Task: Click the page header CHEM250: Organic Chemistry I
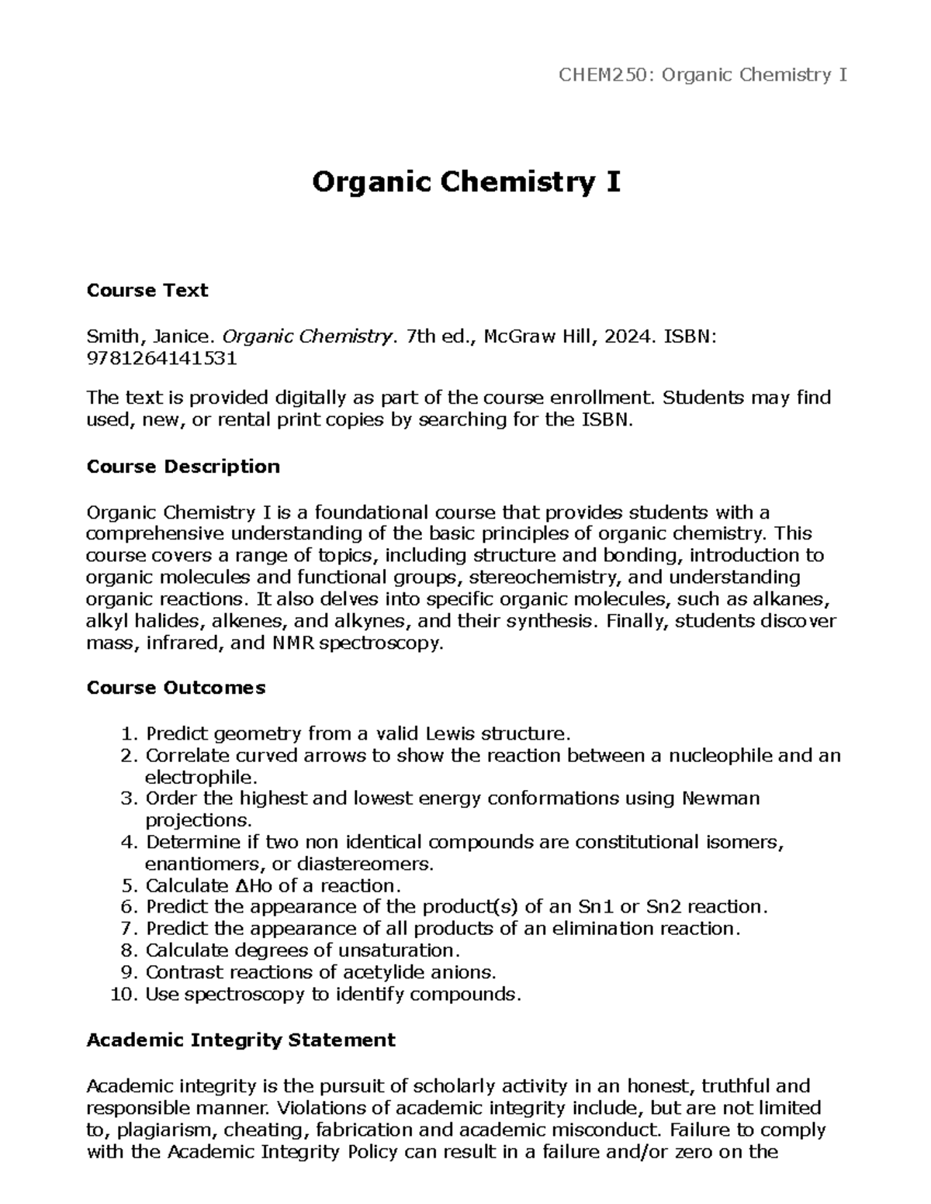click(x=703, y=75)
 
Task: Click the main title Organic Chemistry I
click(x=465, y=183)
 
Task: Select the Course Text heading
click(x=147, y=291)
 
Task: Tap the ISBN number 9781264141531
click(x=161, y=358)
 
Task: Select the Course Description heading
click(x=183, y=467)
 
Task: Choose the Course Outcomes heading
click(x=176, y=688)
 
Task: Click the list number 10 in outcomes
click(x=124, y=995)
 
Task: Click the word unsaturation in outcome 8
click(x=400, y=951)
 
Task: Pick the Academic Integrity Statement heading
click(x=241, y=1040)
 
